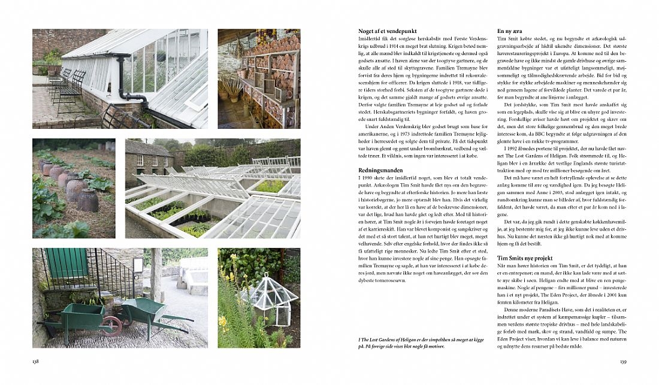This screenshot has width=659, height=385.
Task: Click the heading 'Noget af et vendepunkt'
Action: coord(382,31)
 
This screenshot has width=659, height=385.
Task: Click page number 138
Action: coord(37,361)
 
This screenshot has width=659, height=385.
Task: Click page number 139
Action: coord(622,361)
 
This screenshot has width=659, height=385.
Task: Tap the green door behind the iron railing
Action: coord(68,263)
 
